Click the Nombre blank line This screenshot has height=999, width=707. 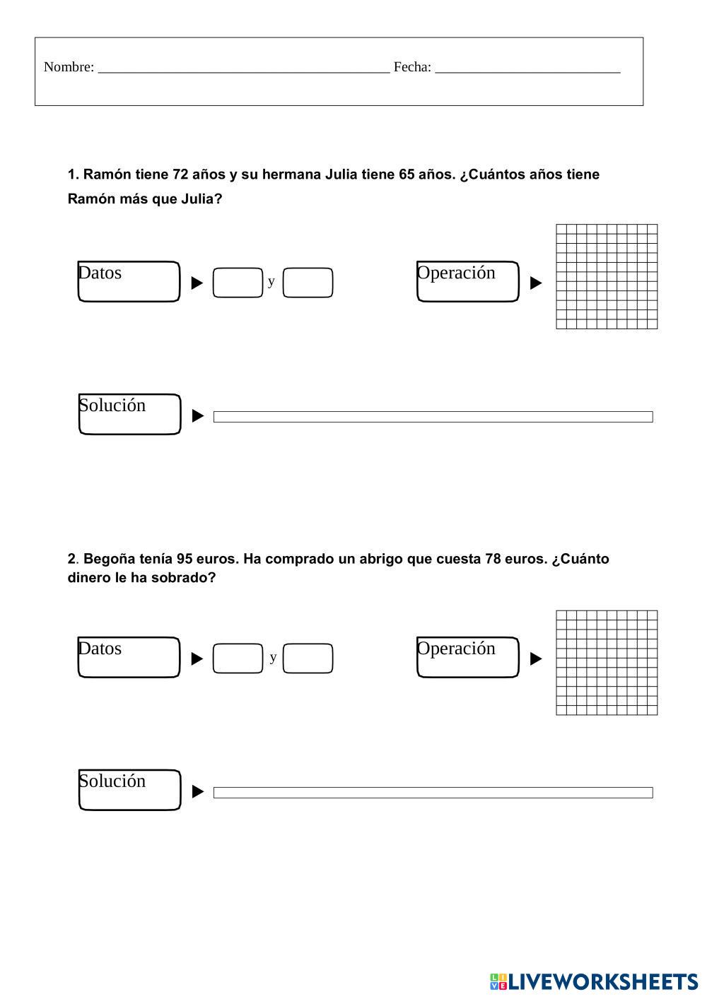point(243,69)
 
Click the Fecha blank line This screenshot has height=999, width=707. point(527,69)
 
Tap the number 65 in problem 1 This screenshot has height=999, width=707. point(407,175)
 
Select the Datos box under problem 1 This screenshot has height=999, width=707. point(129,281)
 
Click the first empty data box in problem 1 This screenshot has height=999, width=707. point(238,283)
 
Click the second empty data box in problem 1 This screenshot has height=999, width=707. point(308,283)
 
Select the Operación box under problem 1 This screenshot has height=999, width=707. point(467,281)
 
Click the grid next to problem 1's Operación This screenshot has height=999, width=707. point(607,276)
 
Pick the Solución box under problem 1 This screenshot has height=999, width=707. point(129,414)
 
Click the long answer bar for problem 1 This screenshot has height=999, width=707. point(433,417)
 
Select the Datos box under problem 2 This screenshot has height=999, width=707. point(129,657)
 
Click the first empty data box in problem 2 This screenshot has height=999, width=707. point(238,658)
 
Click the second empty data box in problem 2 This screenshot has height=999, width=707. point(308,658)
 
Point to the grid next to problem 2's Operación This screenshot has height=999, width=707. point(607,663)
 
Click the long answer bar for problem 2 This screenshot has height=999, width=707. point(433,793)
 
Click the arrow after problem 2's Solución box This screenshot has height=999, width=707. point(198,792)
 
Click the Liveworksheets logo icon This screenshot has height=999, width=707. point(498,981)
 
